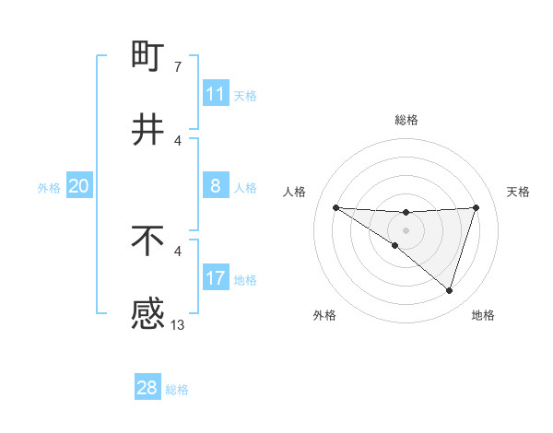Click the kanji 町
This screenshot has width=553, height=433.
148,56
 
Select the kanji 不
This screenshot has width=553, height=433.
148,240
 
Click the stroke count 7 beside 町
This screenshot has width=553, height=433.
177,66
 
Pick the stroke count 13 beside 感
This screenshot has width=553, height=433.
178,324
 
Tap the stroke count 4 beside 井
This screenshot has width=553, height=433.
177,140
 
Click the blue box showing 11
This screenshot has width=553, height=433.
216,94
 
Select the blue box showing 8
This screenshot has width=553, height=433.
216,186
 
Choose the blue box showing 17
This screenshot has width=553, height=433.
216,278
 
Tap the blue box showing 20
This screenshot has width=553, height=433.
79,186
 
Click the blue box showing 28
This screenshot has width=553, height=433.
147,388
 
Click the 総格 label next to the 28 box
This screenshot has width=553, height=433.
177,390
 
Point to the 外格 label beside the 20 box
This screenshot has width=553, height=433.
49,188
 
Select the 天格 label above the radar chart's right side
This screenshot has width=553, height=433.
518,192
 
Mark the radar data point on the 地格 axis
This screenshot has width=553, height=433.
449,291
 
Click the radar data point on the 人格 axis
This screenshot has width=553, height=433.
335,207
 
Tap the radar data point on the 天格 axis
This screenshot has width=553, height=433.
477,207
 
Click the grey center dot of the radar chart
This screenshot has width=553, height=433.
406,229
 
